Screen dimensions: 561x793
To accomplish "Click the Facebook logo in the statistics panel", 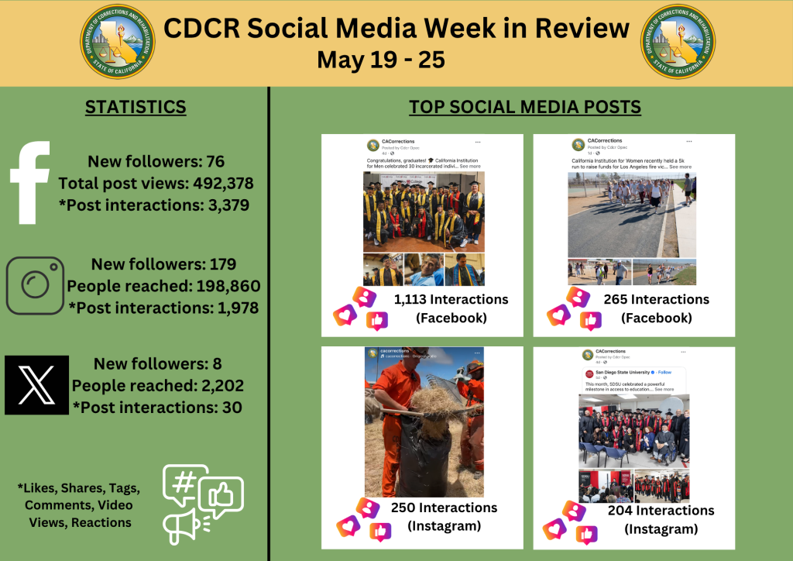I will pos(30,182).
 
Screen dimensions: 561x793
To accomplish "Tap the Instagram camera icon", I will pos(35,285).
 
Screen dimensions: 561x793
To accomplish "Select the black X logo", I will pos(36,385).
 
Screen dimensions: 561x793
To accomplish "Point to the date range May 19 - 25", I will pos(380,60).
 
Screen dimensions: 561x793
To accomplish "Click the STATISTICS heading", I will pos(136,107).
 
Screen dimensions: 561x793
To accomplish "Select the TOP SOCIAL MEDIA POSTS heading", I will pos(524,107).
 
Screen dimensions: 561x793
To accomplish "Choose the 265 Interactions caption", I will pos(656,299).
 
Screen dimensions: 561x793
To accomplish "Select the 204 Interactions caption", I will pos(661,511).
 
